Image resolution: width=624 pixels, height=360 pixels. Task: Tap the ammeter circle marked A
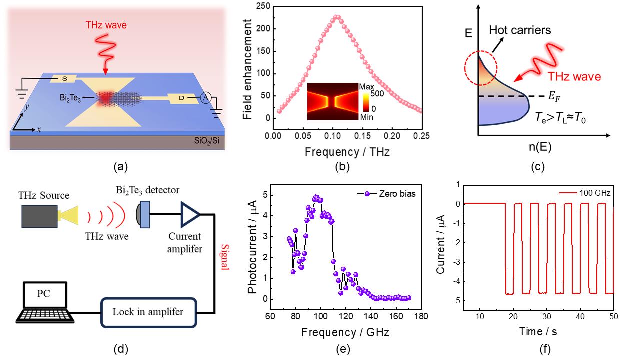[x=205, y=98]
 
